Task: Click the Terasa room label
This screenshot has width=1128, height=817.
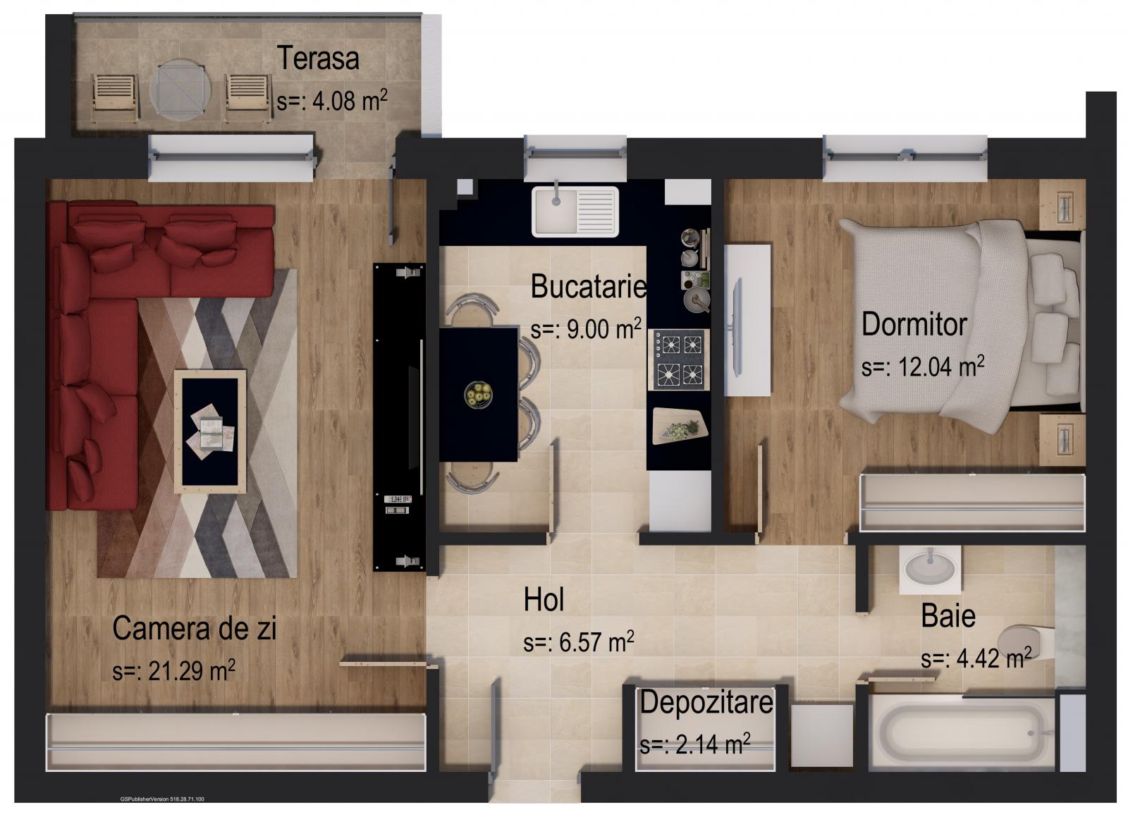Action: (x=318, y=58)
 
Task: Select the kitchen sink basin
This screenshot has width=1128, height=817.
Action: (x=553, y=210)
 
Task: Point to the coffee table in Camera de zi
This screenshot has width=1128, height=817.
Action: (x=210, y=430)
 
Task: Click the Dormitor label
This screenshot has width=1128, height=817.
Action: (x=914, y=324)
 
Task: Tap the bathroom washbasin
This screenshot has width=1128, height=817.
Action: (x=930, y=567)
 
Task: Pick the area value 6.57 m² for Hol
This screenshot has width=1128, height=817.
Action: (x=578, y=642)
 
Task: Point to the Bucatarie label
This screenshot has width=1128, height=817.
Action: (x=588, y=286)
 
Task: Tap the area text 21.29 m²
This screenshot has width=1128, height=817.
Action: (x=173, y=670)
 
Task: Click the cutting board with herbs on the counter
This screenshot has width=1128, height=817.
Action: (x=679, y=426)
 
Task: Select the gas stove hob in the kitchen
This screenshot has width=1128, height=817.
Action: (x=678, y=359)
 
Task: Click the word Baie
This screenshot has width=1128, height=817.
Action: (x=948, y=616)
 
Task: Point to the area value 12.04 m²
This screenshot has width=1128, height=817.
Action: (x=923, y=367)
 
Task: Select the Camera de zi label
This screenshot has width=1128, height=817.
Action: (x=194, y=628)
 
